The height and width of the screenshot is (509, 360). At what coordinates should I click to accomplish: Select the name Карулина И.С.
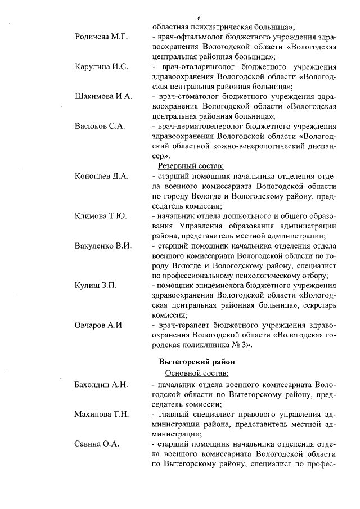[101, 67]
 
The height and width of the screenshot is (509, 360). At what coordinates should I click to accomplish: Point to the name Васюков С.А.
[100, 126]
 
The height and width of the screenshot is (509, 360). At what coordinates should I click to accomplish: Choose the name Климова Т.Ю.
[101, 216]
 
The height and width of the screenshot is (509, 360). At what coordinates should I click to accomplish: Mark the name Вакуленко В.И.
[103, 246]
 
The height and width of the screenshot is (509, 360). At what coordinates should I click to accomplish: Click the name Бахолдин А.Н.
[101, 385]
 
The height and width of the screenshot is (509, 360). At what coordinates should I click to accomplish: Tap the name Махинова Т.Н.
[102, 415]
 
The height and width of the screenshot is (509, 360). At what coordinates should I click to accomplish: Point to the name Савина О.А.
[97, 444]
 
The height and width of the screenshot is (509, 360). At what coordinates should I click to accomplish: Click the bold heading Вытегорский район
[196, 361]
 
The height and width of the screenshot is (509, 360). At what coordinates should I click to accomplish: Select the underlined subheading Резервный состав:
[191, 166]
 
